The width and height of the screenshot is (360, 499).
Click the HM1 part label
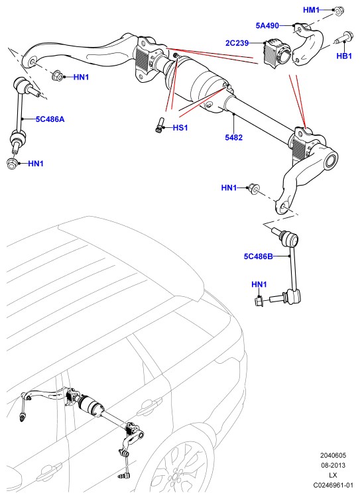point(311,10)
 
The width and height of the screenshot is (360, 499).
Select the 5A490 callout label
point(267,25)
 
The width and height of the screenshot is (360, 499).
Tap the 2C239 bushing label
point(237,43)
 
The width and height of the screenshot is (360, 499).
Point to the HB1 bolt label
point(344,56)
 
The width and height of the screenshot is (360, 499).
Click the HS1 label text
point(180,128)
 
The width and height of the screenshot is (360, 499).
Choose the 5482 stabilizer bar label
point(233,137)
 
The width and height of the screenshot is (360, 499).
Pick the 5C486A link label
point(50,119)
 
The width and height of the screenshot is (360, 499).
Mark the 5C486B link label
point(258,256)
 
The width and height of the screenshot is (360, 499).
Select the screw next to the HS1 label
point(159,125)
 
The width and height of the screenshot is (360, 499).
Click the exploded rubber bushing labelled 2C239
point(277,53)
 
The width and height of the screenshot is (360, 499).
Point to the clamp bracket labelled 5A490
point(307,44)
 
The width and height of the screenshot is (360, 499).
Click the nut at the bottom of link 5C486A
point(11,163)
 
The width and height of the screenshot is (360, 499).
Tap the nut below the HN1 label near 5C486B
point(259,300)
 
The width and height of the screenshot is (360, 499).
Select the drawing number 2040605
point(333,455)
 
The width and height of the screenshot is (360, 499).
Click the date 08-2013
point(333,465)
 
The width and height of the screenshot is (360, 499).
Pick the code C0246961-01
point(333,485)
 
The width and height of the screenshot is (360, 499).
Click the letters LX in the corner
point(333,475)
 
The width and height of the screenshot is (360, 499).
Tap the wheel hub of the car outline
point(174,476)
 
